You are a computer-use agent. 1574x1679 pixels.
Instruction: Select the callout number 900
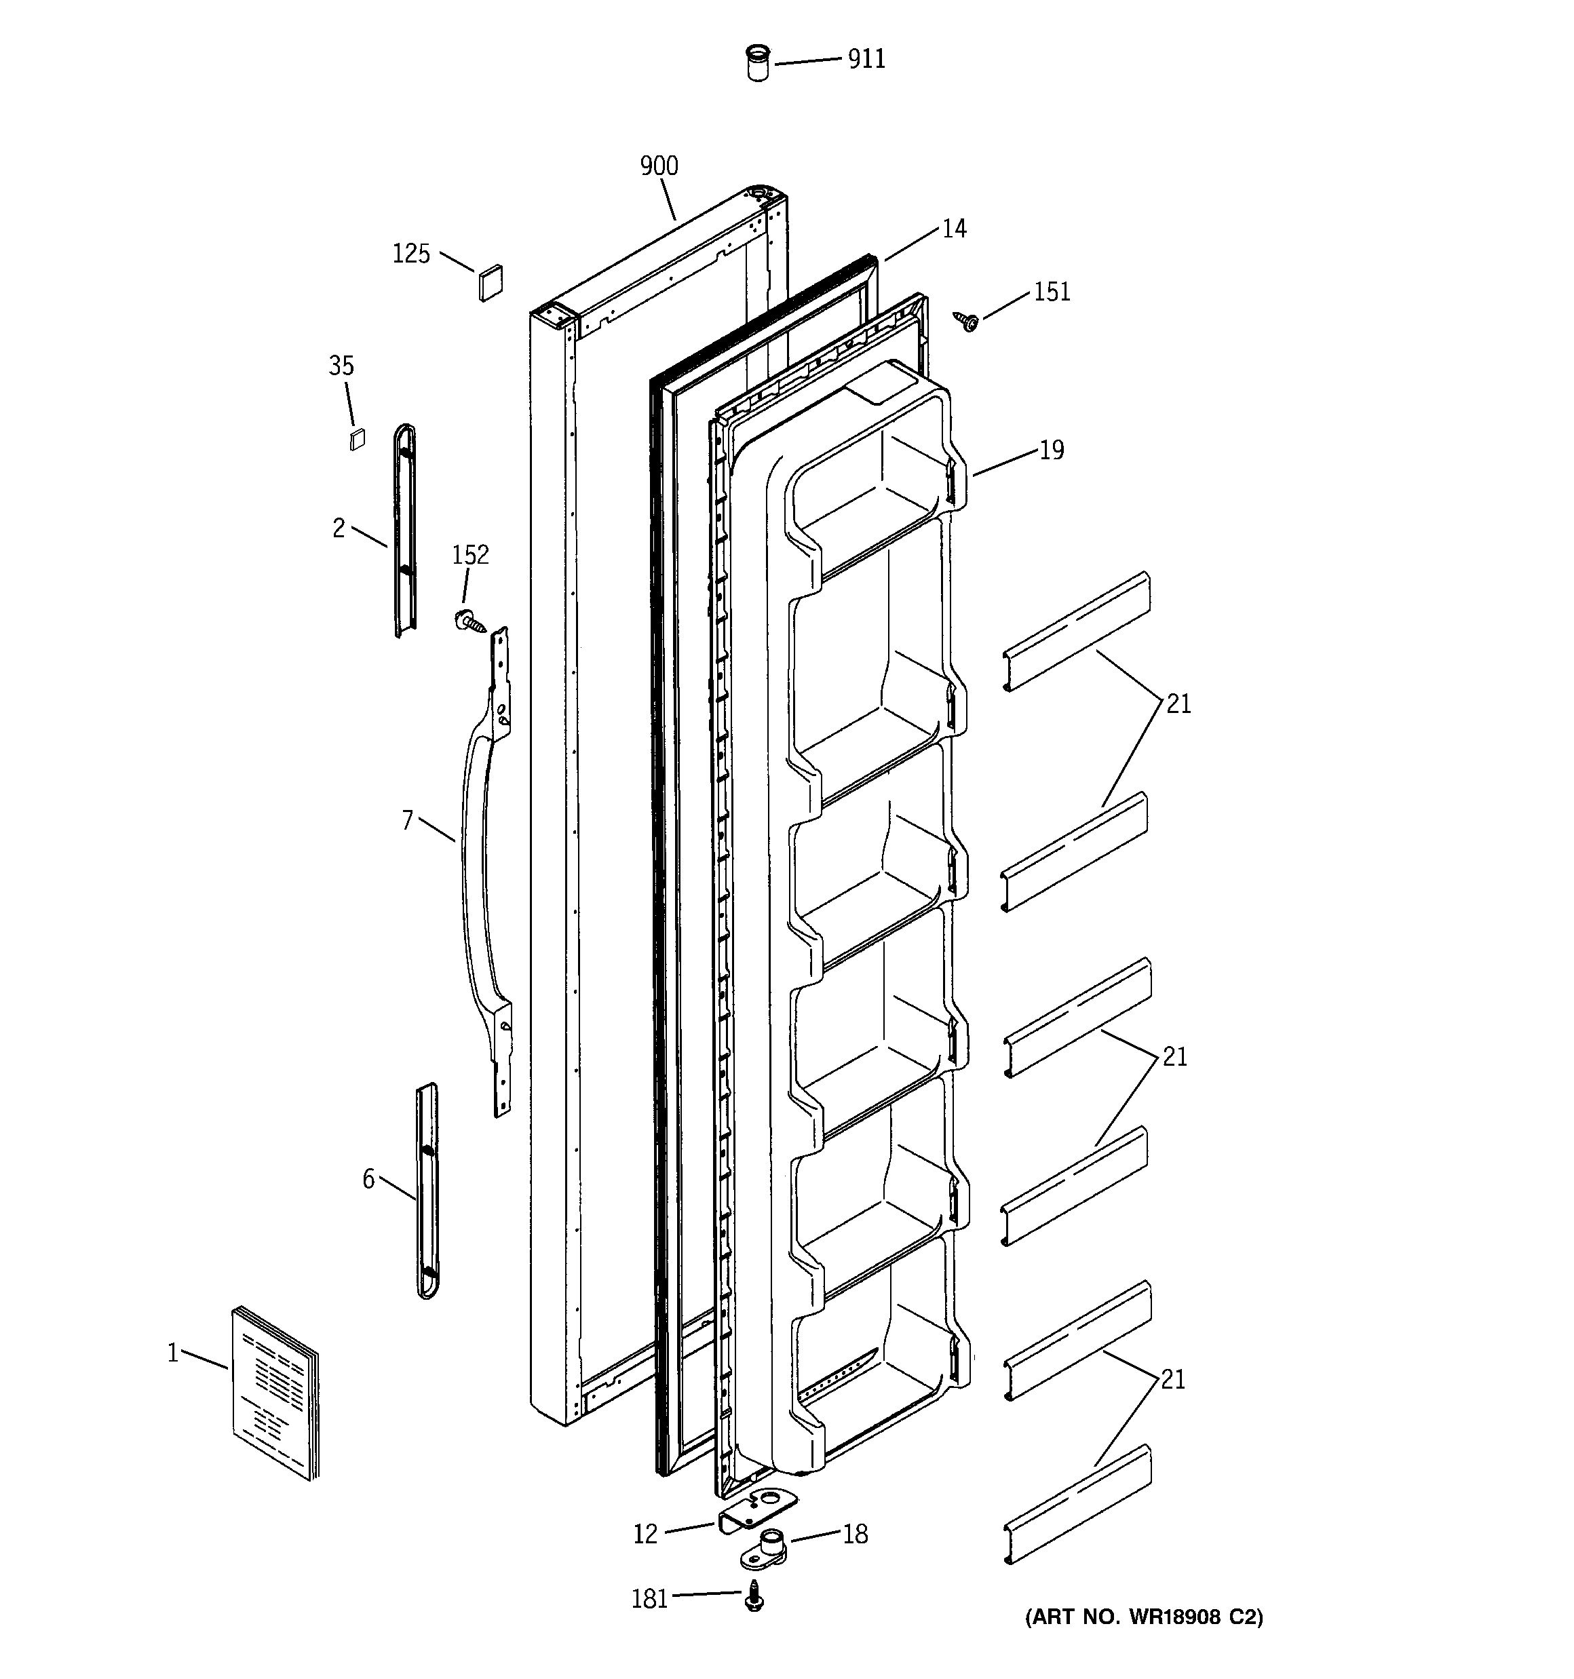(659, 166)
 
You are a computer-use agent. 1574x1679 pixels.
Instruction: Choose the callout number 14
(954, 229)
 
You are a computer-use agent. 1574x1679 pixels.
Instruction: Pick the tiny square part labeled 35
(358, 439)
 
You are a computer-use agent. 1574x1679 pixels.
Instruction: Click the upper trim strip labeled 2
(406, 530)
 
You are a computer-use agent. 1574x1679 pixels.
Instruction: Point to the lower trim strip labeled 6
(427, 1191)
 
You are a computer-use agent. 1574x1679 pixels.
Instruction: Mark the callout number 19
(1051, 450)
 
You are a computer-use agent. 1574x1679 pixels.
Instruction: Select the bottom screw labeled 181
(754, 1596)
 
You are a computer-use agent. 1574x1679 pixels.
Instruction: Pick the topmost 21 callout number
(1178, 703)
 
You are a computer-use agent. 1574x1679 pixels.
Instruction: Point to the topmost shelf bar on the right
(1077, 630)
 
